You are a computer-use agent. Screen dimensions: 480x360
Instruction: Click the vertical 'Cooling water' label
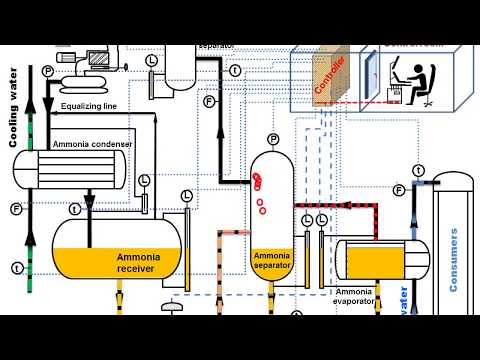pos(15,109)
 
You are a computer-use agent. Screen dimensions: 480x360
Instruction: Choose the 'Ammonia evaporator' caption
pos(354,297)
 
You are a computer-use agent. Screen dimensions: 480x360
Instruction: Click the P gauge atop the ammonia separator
pos(272,137)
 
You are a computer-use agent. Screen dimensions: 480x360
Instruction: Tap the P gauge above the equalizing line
pos(47,72)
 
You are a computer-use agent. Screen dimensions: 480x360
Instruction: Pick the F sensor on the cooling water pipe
pos(16,209)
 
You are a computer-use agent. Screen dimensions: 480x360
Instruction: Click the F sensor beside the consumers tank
pos(399,190)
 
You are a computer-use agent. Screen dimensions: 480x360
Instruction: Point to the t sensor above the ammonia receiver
pos(75,208)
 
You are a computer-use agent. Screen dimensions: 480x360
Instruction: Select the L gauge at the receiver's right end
pos(186,194)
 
